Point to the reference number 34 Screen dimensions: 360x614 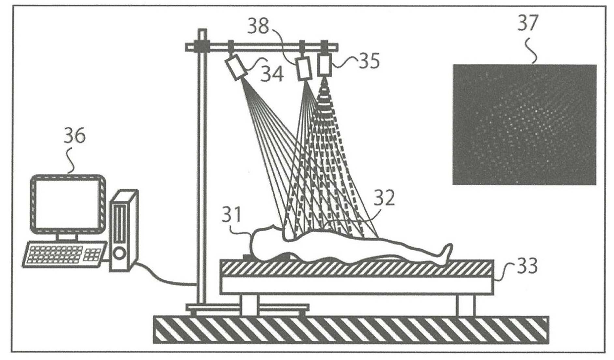[x=272, y=74]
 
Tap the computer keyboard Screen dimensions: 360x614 [x=64, y=254]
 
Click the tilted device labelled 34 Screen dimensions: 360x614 [x=236, y=66]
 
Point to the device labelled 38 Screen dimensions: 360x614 [x=303, y=68]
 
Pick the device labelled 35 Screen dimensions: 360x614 [x=325, y=64]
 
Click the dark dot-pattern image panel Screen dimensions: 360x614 [x=524, y=124]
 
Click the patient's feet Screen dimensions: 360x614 [x=445, y=252]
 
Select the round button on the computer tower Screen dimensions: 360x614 [x=119, y=253]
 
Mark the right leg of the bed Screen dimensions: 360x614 [x=465, y=305]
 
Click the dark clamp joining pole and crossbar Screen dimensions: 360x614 [x=201, y=47]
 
